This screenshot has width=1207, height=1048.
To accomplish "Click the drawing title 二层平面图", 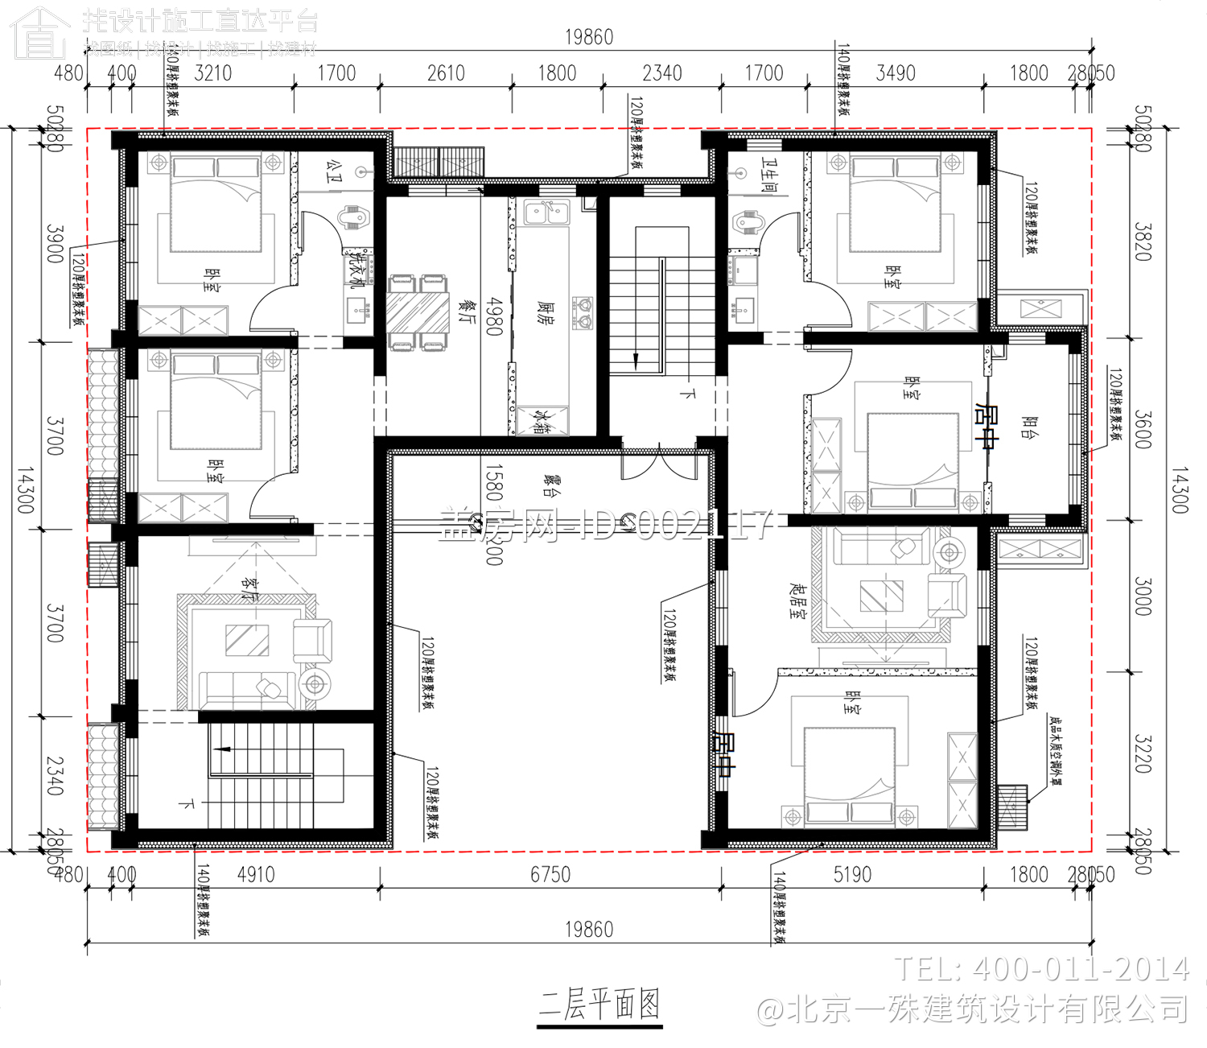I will (599, 1005).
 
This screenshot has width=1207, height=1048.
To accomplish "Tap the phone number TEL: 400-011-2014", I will (1042, 969).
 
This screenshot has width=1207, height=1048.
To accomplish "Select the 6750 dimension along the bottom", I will (550, 874).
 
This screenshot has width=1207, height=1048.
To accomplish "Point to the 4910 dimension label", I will (256, 874).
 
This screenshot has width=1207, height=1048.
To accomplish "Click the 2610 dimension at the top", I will (446, 73).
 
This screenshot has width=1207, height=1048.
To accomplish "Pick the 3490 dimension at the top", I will (896, 73).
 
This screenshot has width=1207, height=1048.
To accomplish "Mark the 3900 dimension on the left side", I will (55, 243).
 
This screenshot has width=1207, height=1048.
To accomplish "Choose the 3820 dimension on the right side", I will (1143, 241).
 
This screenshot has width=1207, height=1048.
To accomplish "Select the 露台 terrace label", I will (551, 485).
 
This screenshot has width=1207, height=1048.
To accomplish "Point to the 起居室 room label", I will (797, 600).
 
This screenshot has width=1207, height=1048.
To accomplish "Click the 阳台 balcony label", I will (1027, 427).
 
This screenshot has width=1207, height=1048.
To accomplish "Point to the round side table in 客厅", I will (315, 684).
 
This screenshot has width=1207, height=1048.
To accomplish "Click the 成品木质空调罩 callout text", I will (1054, 749).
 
